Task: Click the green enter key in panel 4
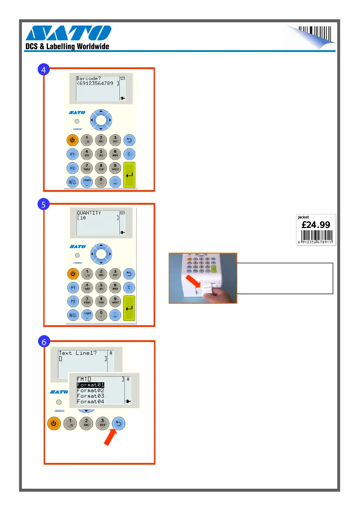point(130,175)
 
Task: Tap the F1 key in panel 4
point(72,153)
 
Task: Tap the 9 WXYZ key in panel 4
point(115,168)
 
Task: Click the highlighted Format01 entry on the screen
point(90,385)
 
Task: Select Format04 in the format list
point(90,402)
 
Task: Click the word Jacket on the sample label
point(304,217)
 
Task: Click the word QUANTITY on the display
point(89,213)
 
